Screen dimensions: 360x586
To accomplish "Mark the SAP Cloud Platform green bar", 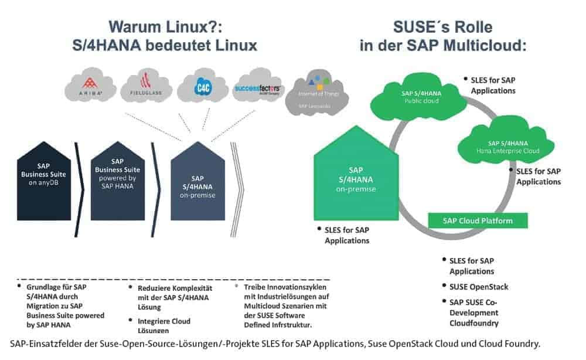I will click(478, 220).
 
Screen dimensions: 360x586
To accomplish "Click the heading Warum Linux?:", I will click(167, 28).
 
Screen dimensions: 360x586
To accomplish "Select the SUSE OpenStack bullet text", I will click(479, 287).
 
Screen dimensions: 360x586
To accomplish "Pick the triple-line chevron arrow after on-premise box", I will click(239, 181).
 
